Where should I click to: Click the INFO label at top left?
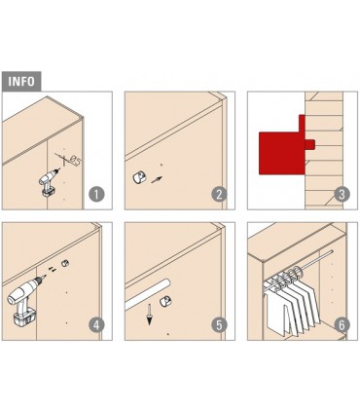point(21,81)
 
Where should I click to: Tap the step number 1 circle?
point(96,195)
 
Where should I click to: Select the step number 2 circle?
point(219,195)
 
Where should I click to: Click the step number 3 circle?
point(342,195)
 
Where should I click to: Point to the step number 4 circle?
point(96,325)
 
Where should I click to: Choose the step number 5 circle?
point(219,325)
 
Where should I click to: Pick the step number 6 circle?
point(342,325)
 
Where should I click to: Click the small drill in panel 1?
point(48,183)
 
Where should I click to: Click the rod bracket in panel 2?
point(139,178)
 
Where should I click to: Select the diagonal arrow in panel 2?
point(157,179)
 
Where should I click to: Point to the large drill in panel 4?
point(25,300)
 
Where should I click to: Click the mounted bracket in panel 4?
point(65,263)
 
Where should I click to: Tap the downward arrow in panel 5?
point(149,315)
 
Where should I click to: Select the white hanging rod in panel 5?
point(148,294)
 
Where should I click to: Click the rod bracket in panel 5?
point(165,302)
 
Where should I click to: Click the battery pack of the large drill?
point(24,318)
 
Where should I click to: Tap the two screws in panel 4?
point(53,269)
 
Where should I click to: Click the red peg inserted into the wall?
point(310,144)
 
